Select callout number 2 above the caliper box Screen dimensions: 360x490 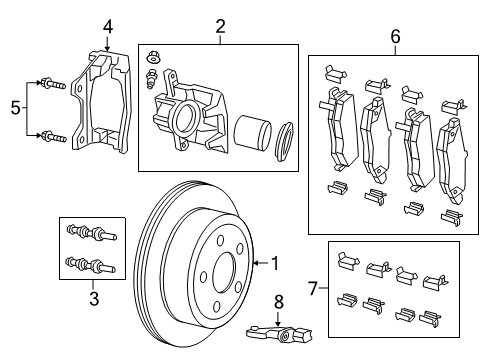(x=219, y=27)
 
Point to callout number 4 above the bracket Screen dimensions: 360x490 (x=108, y=27)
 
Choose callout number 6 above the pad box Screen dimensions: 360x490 (x=395, y=37)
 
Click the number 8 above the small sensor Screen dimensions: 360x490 (x=279, y=299)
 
